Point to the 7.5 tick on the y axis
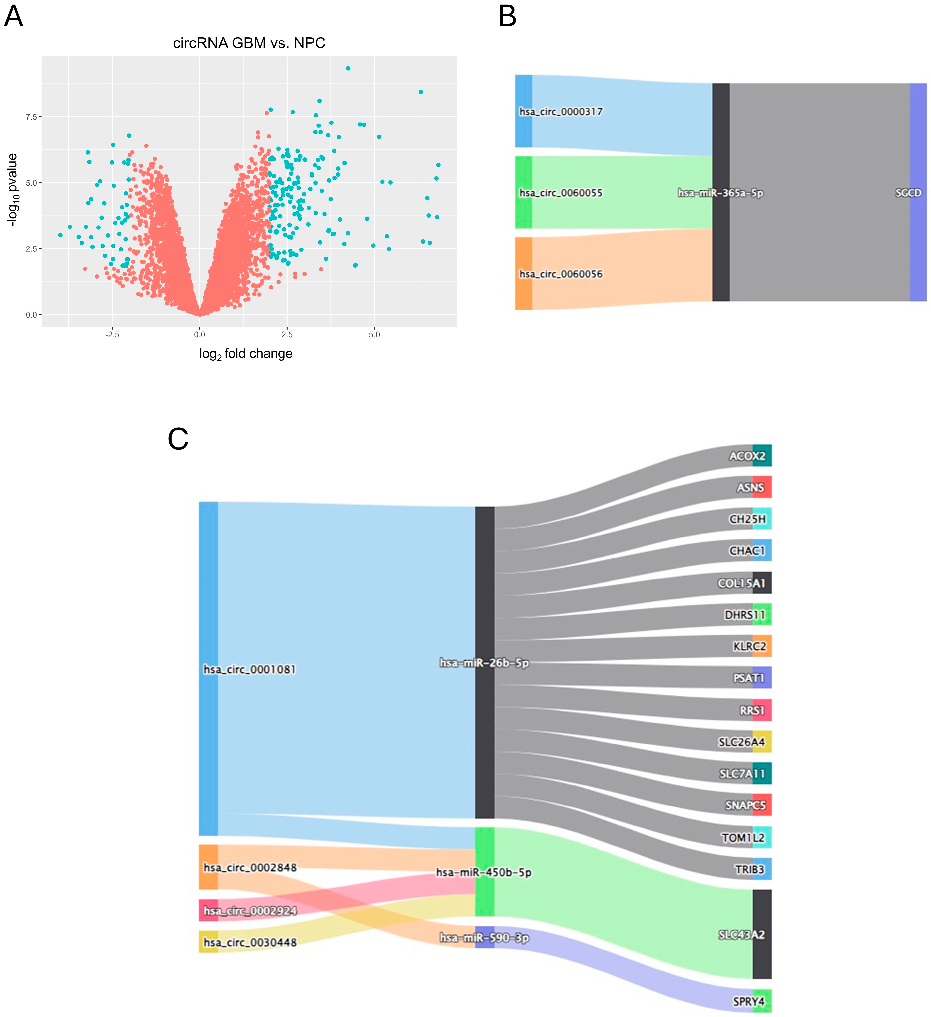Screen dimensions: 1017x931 tap(31, 117)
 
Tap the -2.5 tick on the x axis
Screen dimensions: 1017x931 tap(112, 335)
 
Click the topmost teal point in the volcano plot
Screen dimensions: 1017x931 tap(348, 68)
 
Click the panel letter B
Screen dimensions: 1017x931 tap(507, 17)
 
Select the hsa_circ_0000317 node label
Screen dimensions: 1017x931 tap(561, 111)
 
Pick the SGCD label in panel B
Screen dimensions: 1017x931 tap(908, 193)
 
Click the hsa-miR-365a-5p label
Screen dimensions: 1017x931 tap(720, 193)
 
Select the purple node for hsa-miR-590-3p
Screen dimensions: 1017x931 tap(485, 937)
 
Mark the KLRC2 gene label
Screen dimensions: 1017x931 tap(749, 646)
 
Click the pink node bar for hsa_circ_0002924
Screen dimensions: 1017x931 tap(208, 910)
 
